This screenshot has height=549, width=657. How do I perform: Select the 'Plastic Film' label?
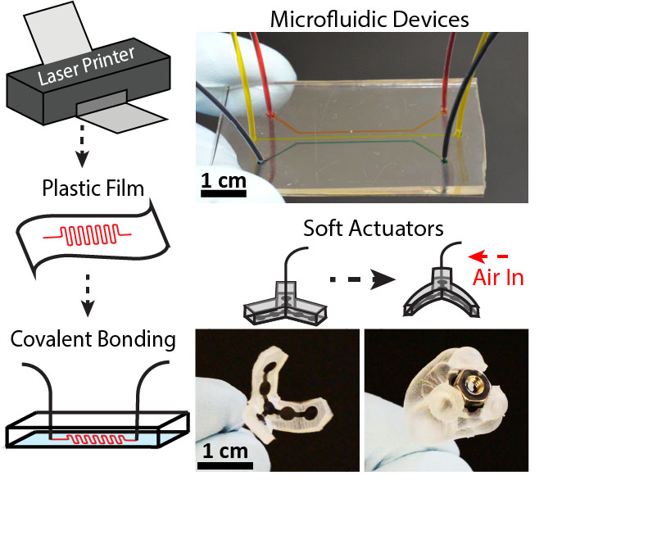tap(93, 190)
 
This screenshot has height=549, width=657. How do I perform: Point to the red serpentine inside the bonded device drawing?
tap(95, 440)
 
